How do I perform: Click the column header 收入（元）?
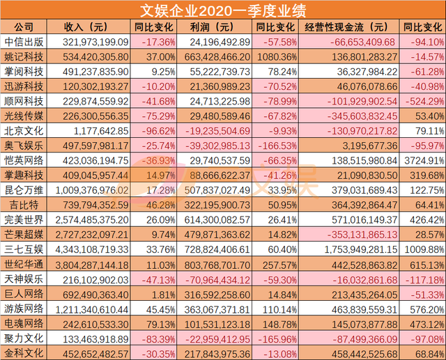[86, 26]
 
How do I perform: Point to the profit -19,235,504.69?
[209, 130]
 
